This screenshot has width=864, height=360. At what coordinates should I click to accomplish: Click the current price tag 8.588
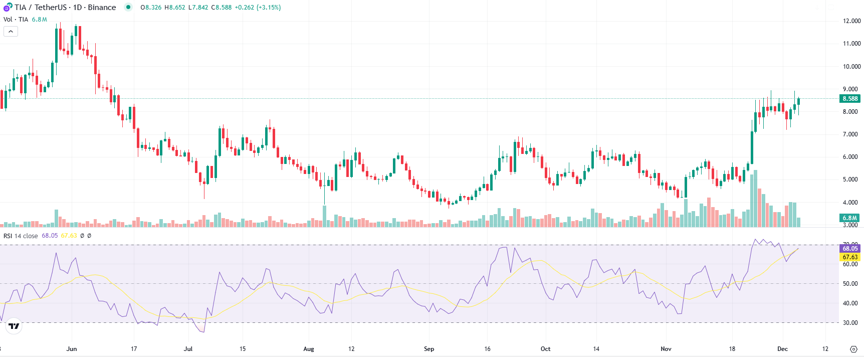coord(850,99)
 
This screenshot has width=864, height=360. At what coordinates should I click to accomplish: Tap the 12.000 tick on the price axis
coord(851,21)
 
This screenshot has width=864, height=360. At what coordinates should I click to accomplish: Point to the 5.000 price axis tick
coord(850,179)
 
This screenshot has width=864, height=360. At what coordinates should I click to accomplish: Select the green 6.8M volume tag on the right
coord(849,218)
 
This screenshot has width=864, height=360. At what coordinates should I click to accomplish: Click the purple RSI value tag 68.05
coord(850,249)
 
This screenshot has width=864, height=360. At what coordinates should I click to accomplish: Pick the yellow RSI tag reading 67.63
coord(850,257)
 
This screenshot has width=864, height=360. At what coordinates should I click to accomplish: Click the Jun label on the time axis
coord(72,349)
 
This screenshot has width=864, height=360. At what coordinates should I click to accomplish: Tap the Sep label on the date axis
coord(429,349)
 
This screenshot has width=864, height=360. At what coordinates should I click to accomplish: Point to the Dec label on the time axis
coord(782,349)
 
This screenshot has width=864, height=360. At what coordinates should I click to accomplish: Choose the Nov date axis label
coord(666,349)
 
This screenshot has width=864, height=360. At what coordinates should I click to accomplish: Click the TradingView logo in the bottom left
coord(14,326)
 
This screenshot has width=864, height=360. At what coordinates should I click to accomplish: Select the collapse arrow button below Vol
coord(11,32)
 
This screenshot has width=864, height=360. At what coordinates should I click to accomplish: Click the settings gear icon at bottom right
coord(853,349)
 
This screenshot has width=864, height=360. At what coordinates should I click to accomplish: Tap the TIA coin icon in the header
coord(8,8)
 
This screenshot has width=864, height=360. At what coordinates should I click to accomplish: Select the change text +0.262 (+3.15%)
coord(258,8)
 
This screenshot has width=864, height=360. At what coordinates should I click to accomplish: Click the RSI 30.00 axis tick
coord(850,323)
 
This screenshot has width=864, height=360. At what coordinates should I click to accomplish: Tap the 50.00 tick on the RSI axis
coord(850,284)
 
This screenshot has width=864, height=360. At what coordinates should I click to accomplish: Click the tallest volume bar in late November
coord(755,199)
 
